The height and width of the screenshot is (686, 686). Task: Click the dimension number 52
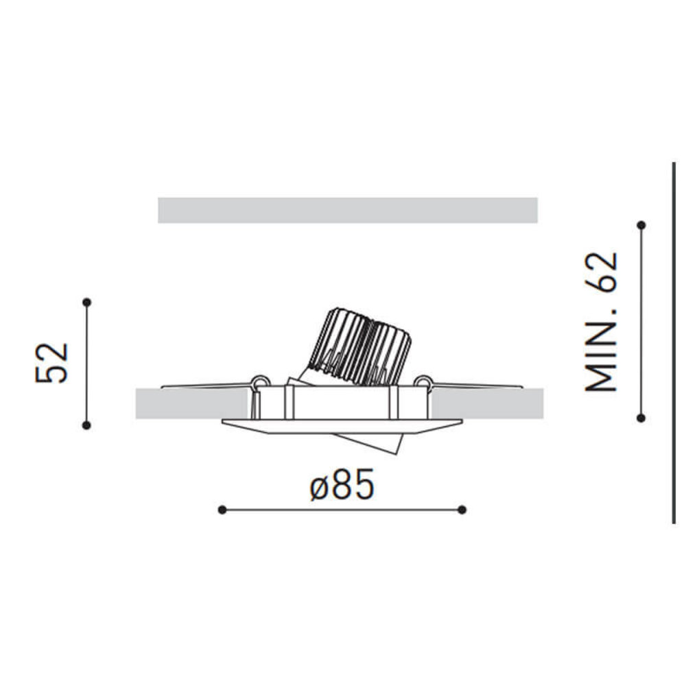pos(54,362)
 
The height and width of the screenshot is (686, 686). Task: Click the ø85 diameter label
pos(342,485)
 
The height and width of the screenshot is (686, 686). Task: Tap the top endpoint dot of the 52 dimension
pos(86,302)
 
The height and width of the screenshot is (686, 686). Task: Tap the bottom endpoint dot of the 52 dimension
pos(86,425)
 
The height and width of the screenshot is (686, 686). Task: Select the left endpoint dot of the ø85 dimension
pos(222,509)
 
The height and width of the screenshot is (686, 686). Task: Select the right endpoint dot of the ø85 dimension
pos(462,509)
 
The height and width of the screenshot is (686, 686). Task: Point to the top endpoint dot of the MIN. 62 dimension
pos(641,225)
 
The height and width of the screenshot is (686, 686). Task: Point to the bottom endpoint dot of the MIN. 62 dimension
pos(641,417)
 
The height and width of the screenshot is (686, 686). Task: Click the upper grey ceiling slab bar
pos(347,210)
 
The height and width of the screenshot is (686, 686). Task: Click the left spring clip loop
pos(260,381)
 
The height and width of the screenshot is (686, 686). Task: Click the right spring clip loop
pos(423,381)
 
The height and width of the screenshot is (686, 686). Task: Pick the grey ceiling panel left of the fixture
pos(192,404)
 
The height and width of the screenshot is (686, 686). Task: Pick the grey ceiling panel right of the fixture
pos(487,404)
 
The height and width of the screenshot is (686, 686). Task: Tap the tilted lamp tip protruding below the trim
pos(381,442)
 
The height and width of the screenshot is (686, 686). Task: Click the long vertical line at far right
pos(674,343)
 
